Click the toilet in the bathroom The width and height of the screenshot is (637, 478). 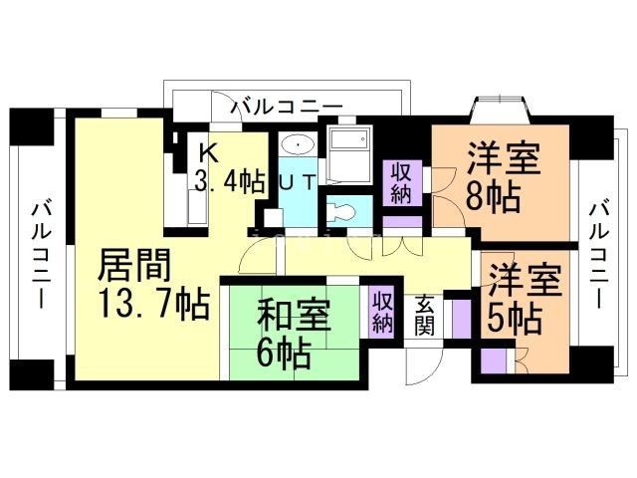340,211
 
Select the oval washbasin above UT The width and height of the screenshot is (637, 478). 299,145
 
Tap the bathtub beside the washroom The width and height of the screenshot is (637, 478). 348,150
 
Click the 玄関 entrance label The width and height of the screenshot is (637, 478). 424,315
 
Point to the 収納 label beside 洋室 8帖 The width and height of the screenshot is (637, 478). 401,182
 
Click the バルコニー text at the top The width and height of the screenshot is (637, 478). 287,106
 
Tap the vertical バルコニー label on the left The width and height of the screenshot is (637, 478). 42,255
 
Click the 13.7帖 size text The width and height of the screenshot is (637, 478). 153,302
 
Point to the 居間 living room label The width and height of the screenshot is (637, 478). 134,266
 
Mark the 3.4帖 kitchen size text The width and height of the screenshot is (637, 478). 229,180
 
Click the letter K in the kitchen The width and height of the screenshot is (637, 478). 208,152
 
